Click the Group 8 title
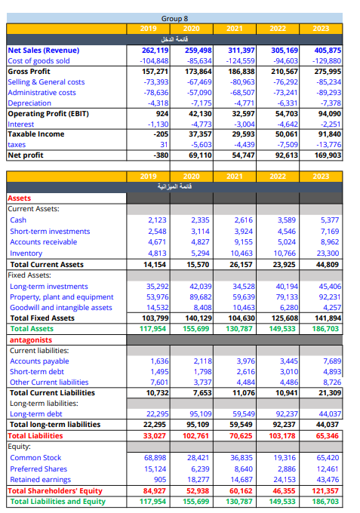174,17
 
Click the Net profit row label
27,155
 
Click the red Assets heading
20,198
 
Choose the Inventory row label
26,253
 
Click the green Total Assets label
32,329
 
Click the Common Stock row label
35,458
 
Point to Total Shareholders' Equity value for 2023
328,490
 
